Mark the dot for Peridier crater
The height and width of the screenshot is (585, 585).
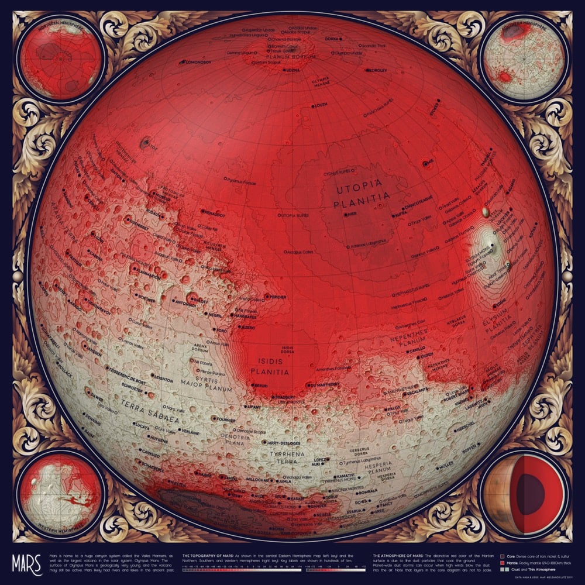(x=267, y=297)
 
